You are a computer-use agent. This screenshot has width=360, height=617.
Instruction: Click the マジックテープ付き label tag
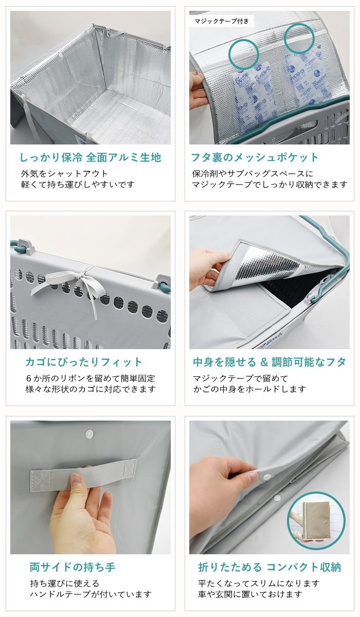click(222, 21)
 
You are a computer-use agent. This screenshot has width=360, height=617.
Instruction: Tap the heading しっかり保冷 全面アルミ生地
click(91, 157)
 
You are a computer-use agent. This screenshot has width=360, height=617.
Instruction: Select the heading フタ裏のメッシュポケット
click(255, 157)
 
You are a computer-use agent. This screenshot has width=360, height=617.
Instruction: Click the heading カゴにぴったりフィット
click(83, 362)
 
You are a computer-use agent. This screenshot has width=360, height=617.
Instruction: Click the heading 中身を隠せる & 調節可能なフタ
click(269, 362)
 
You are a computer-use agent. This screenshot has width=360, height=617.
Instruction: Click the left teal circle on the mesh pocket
click(243, 53)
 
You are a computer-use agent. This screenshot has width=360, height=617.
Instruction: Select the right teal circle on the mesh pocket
click(299, 39)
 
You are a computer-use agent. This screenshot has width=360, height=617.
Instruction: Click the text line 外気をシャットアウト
click(64, 174)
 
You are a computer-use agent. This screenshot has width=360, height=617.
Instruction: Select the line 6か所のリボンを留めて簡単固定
click(91, 378)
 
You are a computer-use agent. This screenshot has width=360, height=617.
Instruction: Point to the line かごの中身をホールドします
click(249, 389)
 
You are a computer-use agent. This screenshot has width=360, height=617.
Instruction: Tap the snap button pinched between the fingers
click(266, 476)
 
